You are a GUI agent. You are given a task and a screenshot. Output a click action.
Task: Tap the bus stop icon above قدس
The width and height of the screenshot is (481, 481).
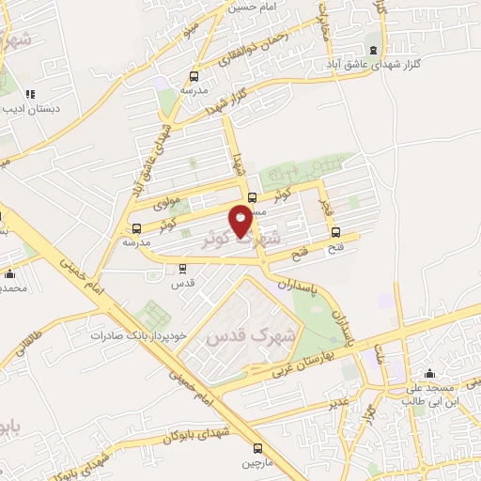coord(183,268)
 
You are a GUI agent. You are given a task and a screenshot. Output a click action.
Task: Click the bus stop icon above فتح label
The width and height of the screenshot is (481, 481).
coord(336,234)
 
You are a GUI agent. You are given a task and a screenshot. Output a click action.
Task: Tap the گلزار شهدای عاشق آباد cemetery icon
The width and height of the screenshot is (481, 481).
coord(374,51)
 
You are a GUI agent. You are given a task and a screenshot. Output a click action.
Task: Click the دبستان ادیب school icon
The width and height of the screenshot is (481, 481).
coord(30,94)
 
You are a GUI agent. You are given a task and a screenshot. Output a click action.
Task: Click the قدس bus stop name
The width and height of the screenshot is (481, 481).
coord(183,283)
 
